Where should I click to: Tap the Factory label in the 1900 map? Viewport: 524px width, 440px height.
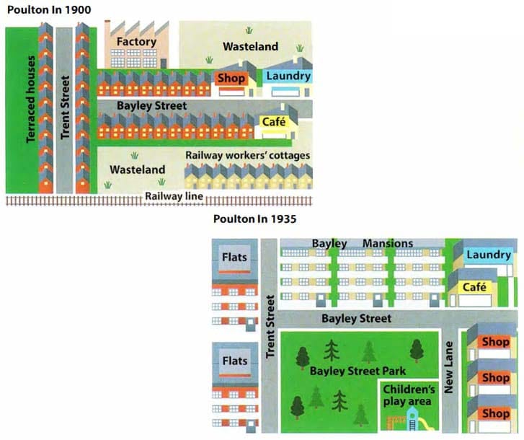tap(136, 42)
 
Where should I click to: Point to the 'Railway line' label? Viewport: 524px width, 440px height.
tap(173, 195)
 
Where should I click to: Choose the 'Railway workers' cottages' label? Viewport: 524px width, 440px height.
tap(248, 155)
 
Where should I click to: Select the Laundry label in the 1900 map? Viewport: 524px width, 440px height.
tap(288, 76)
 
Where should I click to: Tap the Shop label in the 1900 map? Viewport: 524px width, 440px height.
tap(231, 78)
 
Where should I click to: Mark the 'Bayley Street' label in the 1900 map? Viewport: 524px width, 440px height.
tap(153, 105)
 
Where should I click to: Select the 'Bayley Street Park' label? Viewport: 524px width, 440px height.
tap(358, 371)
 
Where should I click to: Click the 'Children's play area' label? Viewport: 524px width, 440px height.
tap(407, 396)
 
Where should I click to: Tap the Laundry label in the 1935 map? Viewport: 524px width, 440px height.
tap(488, 255)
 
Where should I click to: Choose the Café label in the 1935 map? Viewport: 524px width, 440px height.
tap(476, 287)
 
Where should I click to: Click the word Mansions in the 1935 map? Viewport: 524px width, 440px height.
tap(388, 243)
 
